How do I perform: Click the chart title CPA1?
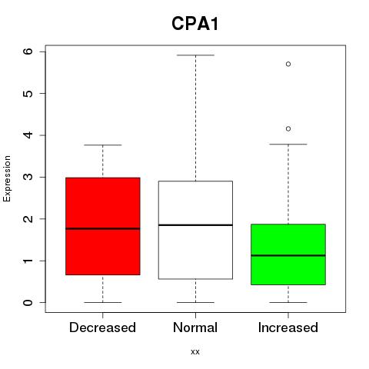tap(195, 24)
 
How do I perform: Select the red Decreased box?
tap(103, 226)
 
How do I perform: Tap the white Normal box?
tap(195, 230)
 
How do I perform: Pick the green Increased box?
tap(288, 254)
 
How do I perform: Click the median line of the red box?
tap(103, 228)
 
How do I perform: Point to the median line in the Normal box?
tap(195, 225)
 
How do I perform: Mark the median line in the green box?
tap(288, 255)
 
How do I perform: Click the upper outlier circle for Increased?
tap(288, 64)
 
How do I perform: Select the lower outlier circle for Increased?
tap(288, 128)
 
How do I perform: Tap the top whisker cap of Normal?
tap(195, 55)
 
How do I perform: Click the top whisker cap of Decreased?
tap(103, 145)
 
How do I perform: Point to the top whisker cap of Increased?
tap(288, 145)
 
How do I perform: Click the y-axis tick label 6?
tap(28, 52)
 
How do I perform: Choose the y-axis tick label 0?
tap(28, 303)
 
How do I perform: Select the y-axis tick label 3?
tap(28, 177)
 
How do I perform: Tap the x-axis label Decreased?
tap(102, 327)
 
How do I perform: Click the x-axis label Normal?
tap(195, 327)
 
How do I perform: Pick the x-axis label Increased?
tap(288, 327)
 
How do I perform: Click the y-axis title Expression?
tap(7, 178)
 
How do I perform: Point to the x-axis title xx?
tap(195, 352)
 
